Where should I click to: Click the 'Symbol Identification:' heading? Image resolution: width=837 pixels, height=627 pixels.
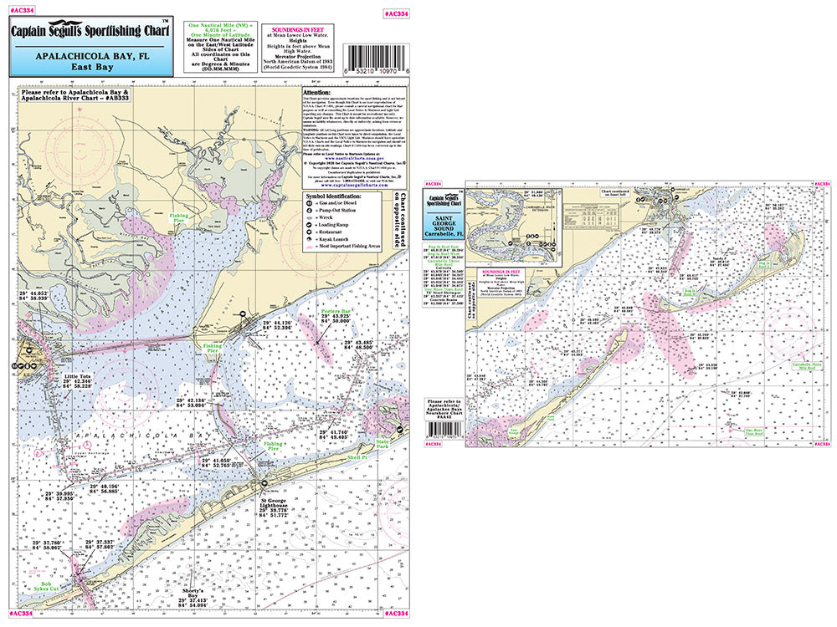[x=342, y=196]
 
